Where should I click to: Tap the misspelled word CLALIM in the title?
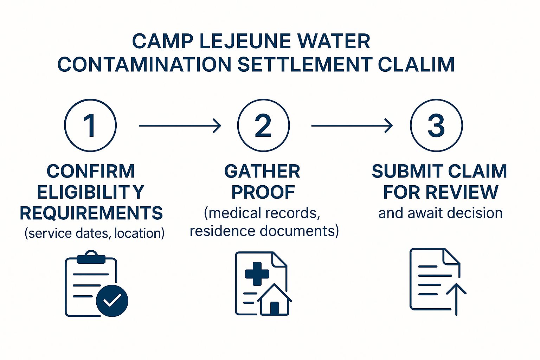416,64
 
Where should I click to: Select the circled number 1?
90,126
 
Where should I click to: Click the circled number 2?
263,126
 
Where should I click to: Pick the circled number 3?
436,126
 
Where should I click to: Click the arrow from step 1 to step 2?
180,126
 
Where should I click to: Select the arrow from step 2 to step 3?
352,126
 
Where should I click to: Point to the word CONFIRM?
91,172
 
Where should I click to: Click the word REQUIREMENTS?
91,213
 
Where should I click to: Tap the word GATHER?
262,172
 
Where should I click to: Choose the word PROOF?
263,192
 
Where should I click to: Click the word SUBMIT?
408,172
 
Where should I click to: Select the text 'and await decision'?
441,213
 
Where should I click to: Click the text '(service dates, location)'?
95,233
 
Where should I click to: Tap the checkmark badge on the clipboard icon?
112,301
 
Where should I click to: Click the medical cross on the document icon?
257,274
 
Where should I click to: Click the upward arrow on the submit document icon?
456,299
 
